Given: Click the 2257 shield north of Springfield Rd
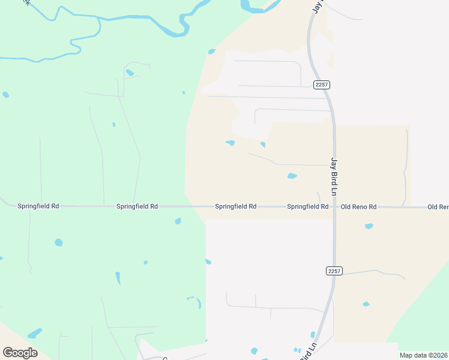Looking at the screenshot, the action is pos(321,85).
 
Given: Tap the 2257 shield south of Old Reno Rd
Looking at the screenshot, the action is pos(334,271).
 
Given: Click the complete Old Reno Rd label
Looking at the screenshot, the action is pos(358,207).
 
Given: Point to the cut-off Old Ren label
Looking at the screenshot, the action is pos(438,207).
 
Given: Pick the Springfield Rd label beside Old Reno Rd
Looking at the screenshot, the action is pos(307,207).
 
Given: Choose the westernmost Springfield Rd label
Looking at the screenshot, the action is pos(38,206).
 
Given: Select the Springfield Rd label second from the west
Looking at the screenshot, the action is pos(137,206).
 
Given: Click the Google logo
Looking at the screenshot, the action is pos(20,353).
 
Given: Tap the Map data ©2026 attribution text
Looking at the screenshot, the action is pos(423,355).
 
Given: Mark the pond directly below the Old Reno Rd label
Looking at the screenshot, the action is pos(369,226).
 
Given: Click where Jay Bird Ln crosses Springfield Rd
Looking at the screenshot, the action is pos(334,207).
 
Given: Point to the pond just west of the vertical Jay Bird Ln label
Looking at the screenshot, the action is pos(292,176).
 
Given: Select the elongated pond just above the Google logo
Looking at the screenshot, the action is pos(35,333).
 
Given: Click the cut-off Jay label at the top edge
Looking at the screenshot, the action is pos(317,6).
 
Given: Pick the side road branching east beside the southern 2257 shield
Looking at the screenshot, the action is pos(372,272).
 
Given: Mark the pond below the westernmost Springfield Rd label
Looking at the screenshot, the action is pos(58,242).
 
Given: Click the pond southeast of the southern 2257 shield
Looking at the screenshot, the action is pos(366,304).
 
